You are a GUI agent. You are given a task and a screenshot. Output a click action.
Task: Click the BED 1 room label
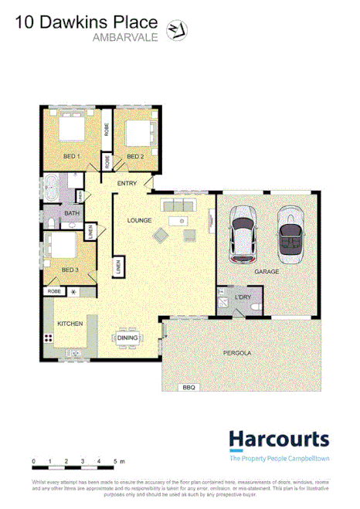(x=72, y=157)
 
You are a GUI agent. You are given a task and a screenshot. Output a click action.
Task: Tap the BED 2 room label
(x=135, y=157)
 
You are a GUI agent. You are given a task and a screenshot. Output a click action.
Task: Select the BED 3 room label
(x=70, y=270)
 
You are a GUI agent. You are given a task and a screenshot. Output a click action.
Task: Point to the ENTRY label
(x=127, y=183)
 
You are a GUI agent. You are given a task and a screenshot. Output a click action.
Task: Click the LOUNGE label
(x=138, y=220)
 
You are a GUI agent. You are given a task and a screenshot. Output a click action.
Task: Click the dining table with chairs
(x=127, y=338)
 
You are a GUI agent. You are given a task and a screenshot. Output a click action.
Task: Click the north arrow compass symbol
(x=177, y=29)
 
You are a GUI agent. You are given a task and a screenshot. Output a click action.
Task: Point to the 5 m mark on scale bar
(x=115, y=461)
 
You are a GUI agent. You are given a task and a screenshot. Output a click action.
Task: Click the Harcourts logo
(x=279, y=441)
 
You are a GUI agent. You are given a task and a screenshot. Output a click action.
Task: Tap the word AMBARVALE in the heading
(x=126, y=37)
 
